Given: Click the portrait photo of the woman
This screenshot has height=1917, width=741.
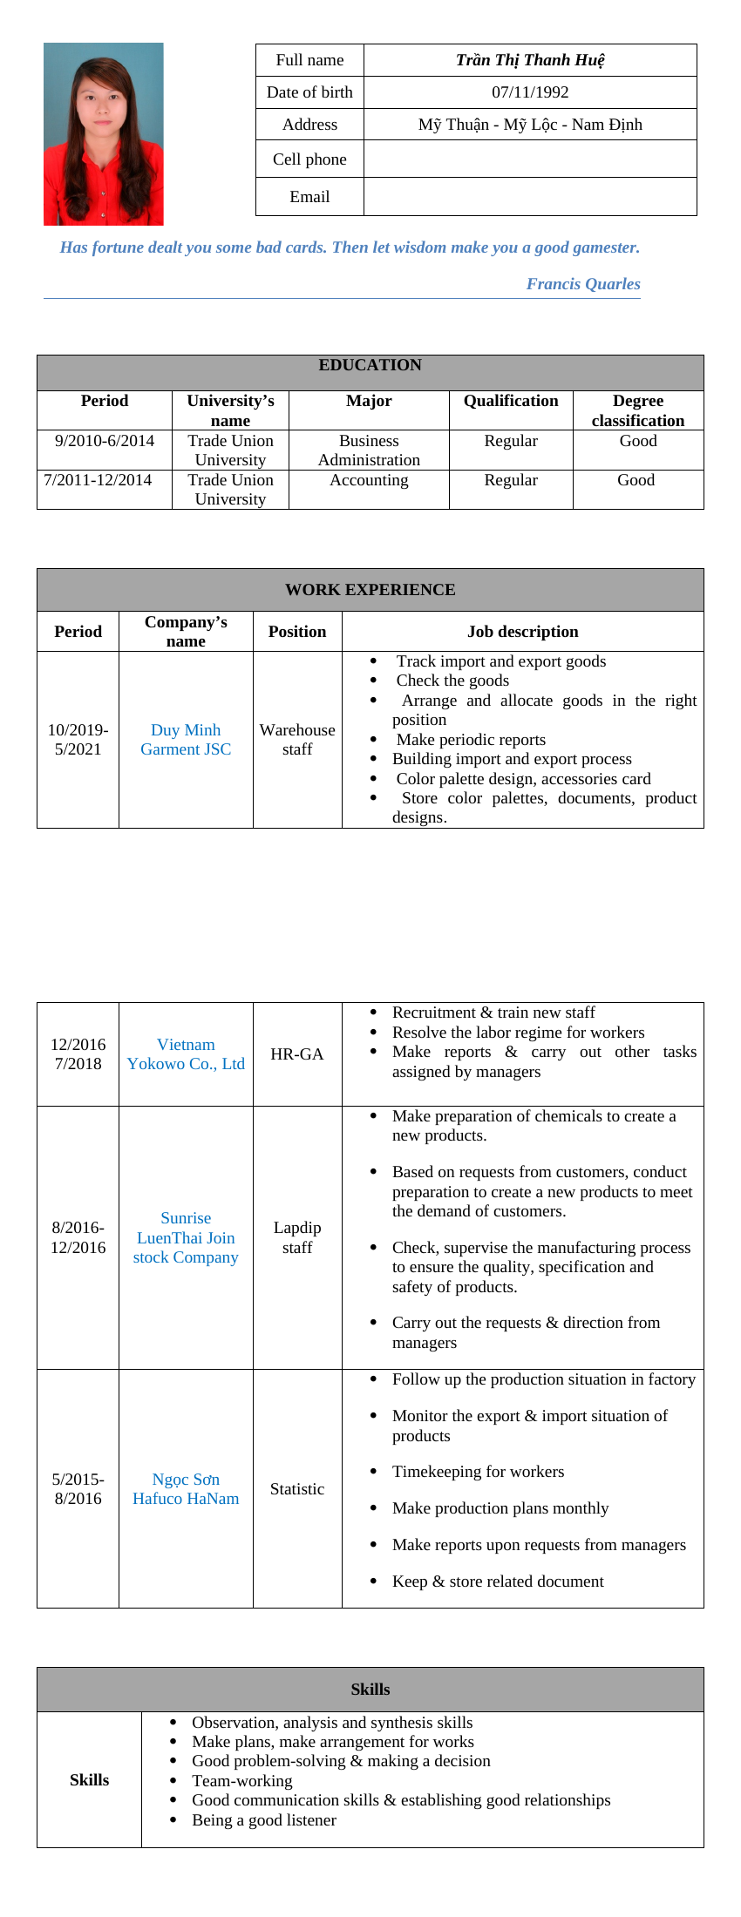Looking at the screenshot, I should tap(103, 134).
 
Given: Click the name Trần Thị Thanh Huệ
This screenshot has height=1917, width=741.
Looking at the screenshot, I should tap(530, 60).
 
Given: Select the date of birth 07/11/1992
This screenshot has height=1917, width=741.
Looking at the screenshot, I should tap(530, 92).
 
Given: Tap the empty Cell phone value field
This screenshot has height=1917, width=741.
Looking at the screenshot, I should tap(530, 159).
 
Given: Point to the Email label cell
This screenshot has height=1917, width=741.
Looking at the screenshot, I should tap(309, 197).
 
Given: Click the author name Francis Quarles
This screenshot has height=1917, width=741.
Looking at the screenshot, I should tap(582, 284).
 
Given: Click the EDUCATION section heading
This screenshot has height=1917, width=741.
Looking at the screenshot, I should tap(370, 366).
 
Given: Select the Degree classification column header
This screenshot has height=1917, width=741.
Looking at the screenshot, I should tap(637, 410).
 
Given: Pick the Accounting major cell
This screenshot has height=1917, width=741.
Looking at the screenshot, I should tap(369, 480).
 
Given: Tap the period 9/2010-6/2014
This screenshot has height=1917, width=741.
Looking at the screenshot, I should tap(104, 441).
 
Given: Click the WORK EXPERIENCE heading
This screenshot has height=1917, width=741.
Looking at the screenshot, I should tap(370, 590).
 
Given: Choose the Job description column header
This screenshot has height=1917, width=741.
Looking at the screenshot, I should tap(522, 632).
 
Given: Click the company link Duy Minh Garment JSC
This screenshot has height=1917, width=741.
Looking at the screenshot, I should tap(186, 740).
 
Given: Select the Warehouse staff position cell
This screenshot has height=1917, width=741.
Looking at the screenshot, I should tap(296, 740).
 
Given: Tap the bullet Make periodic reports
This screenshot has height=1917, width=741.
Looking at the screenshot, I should tap(471, 740).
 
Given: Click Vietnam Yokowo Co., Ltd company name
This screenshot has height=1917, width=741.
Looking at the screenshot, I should tap(186, 1054).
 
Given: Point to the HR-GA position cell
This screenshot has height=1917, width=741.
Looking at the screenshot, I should tap(296, 1054).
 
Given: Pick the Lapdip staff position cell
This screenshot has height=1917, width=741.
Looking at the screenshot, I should tap(296, 1237).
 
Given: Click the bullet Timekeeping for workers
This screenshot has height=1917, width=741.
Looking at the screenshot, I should tap(478, 1472).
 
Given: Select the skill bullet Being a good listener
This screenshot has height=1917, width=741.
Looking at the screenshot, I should tap(263, 1820).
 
